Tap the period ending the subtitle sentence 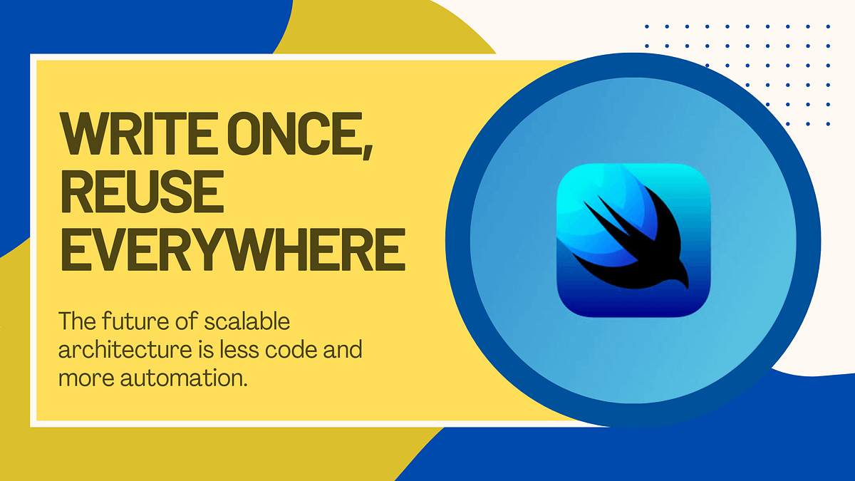(x=247, y=384)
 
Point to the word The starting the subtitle (x=72, y=322)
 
